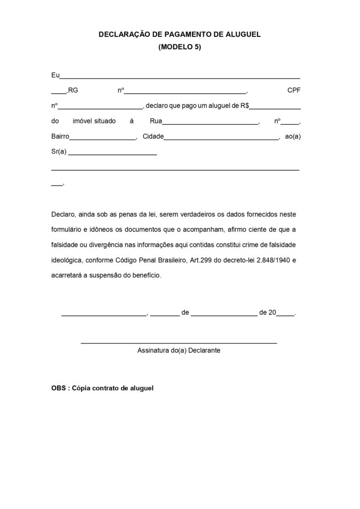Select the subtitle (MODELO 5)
tap(180, 47)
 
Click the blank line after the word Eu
tap(180, 77)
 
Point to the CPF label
tap(294, 90)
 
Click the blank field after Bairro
tap(103, 138)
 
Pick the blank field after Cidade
tap(221, 138)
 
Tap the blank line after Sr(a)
tap(112, 154)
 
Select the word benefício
tap(144, 275)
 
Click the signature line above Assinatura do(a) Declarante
tap(179, 342)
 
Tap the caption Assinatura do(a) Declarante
tap(179, 350)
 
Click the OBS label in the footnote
tap(58, 388)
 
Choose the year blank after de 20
tap(285, 314)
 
